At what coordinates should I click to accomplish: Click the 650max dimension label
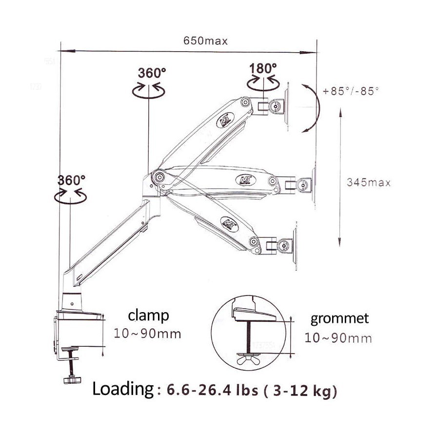pos(205,41)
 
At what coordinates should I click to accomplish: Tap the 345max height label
pos(369,182)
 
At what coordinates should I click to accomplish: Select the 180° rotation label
pos(263,68)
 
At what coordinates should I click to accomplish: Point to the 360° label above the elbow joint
pos(152,73)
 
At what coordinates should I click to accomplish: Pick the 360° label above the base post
pos(71,179)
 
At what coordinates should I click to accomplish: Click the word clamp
pos(149,316)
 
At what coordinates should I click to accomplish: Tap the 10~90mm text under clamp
pos(147,334)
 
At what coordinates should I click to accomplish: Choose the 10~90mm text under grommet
pos(338,337)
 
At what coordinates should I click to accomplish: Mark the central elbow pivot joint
pos(158,177)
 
